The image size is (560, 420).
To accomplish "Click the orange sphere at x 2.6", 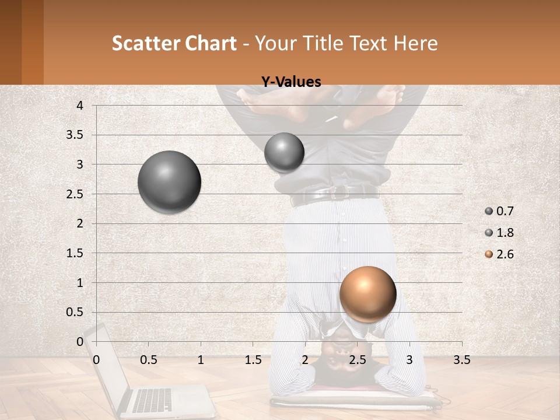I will pyautogui.click(x=367, y=294).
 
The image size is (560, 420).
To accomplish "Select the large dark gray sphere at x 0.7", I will pyautogui.click(x=169, y=182).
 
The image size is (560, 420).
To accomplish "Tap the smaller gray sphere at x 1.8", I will pyautogui.click(x=284, y=152).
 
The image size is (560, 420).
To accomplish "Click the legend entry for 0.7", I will pyautogui.click(x=499, y=211).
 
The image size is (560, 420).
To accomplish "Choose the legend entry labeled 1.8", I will pyautogui.click(x=499, y=233).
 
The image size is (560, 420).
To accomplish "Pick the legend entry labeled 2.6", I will pyautogui.click(x=499, y=254).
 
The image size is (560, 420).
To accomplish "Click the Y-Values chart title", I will pyautogui.click(x=290, y=82).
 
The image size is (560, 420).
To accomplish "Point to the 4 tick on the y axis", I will pyautogui.click(x=80, y=106).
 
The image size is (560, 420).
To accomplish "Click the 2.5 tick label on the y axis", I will pyautogui.click(x=75, y=194).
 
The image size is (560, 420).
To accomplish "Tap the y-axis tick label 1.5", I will pyautogui.click(x=75, y=253).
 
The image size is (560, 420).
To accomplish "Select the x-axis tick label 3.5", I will pyautogui.click(x=461, y=360).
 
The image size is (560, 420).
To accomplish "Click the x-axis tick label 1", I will pyautogui.click(x=201, y=360).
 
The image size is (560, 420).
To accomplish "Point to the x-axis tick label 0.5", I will pyautogui.click(x=149, y=360).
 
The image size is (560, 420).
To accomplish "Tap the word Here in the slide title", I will pyautogui.click(x=415, y=43).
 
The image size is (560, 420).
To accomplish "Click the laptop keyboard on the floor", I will pyautogui.click(x=153, y=400).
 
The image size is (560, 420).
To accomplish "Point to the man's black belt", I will pyautogui.click(x=335, y=195).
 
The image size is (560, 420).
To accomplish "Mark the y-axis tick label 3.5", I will pyautogui.click(x=75, y=135).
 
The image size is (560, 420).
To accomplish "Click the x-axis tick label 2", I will pyautogui.click(x=305, y=360).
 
